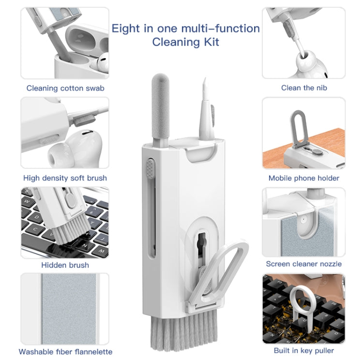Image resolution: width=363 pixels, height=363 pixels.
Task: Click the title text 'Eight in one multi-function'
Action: click(x=186, y=28)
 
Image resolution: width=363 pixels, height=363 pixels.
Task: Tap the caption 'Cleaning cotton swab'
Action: click(x=65, y=88)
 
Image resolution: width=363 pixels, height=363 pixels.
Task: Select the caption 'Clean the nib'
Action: click(x=303, y=88)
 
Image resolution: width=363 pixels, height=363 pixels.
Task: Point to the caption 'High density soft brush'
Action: click(x=65, y=178)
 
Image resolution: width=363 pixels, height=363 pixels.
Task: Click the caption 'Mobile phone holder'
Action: click(x=304, y=178)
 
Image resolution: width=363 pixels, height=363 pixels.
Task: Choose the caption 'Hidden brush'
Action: click(x=65, y=265)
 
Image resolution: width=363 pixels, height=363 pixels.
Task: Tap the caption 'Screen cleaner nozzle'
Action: click(x=304, y=264)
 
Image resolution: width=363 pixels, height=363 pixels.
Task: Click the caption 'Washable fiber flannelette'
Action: click(x=65, y=351)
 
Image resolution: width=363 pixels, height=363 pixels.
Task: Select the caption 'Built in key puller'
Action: click(x=304, y=350)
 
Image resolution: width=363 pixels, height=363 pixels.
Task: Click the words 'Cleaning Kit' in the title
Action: click(x=186, y=42)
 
